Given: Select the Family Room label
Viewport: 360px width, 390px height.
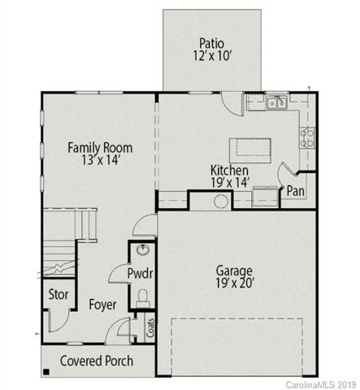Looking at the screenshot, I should tap(100, 147).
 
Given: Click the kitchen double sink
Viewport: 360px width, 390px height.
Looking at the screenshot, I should tap(277, 103).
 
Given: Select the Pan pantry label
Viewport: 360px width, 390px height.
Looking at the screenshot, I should tap(296, 191).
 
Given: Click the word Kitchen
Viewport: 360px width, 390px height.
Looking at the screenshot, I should tap(230, 171).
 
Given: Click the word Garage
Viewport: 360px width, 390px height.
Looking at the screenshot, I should tap(234, 271).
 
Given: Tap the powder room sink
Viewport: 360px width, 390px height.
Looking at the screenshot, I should tap(142, 250).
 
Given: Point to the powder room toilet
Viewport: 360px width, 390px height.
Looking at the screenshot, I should tap(143, 297).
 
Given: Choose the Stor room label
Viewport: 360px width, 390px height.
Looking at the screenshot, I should tap(58, 294).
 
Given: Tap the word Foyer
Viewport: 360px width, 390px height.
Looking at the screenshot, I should tap(102, 305).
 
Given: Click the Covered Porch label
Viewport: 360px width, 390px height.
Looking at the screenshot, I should tap(98, 361).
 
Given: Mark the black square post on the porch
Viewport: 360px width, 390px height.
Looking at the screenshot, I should tap(47, 373).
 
